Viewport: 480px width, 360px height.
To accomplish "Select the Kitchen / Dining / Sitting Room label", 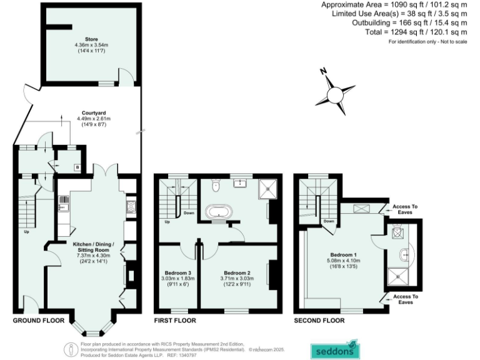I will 92,246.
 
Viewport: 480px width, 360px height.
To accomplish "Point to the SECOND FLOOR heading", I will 319,321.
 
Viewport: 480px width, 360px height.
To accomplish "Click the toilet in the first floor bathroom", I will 216,184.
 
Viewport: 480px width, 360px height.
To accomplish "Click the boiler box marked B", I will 76,167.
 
